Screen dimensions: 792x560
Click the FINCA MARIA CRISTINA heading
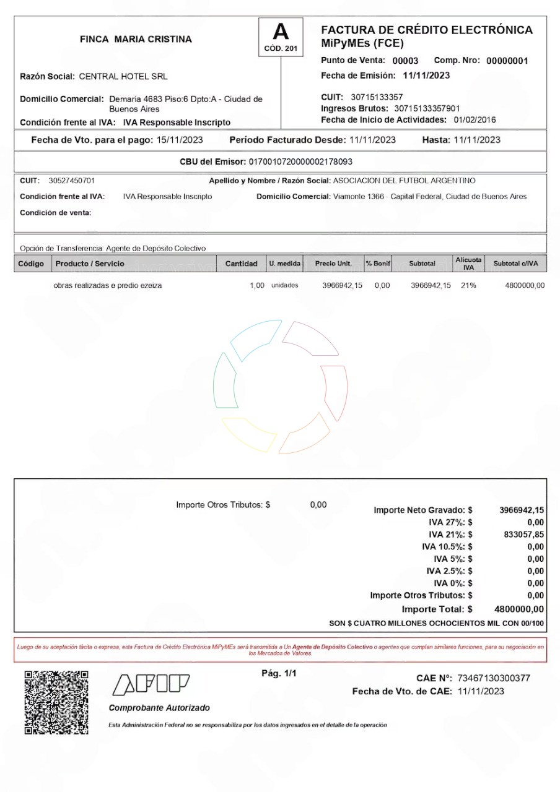point(136,39)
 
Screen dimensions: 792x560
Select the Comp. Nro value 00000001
point(507,61)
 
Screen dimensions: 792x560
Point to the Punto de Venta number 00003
point(405,61)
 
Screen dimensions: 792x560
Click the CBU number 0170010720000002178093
point(300,162)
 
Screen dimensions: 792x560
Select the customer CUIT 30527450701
point(72,181)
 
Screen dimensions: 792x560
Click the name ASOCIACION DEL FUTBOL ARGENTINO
point(405,181)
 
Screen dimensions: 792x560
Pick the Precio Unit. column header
point(333,264)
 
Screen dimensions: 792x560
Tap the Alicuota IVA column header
point(468,264)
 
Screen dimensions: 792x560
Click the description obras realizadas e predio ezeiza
point(108,285)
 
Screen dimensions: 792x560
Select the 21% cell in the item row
point(468,285)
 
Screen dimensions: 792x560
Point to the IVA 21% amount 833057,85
point(522,535)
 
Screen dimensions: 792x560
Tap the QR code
point(56,702)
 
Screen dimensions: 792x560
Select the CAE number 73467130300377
point(494,678)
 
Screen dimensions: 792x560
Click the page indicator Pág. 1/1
point(280,673)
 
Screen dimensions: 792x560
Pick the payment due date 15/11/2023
point(180,140)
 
